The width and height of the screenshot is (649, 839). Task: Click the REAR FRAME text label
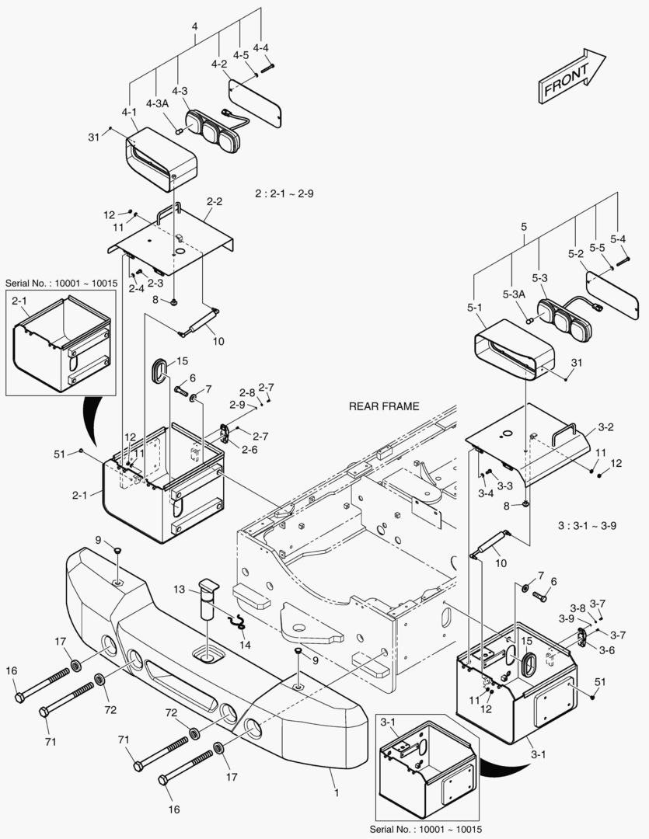tap(384, 406)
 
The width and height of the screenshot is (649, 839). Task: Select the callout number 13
tap(179, 589)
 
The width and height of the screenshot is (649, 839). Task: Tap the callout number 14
tap(245, 645)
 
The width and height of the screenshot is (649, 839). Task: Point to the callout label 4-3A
tap(158, 103)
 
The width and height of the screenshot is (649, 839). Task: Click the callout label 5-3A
tap(514, 294)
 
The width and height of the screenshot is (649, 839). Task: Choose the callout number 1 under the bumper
tap(337, 792)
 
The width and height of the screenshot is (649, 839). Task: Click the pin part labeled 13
tap(208, 599)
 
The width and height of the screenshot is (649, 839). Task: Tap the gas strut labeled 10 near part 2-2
tap(199, 322)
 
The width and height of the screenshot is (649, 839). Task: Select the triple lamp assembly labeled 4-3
tap(213, 128)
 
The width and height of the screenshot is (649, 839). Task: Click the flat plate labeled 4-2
tap(255, 103)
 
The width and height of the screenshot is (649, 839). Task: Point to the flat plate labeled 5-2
tap(612, 294)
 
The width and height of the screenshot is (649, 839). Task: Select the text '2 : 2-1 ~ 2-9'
tap(284, 193)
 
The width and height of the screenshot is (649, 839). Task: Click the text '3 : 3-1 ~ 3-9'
tap(587, 525)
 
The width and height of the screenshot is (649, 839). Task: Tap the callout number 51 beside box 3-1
tap(600, 682)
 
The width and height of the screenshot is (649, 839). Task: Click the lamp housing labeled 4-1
tap(162, 159)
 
